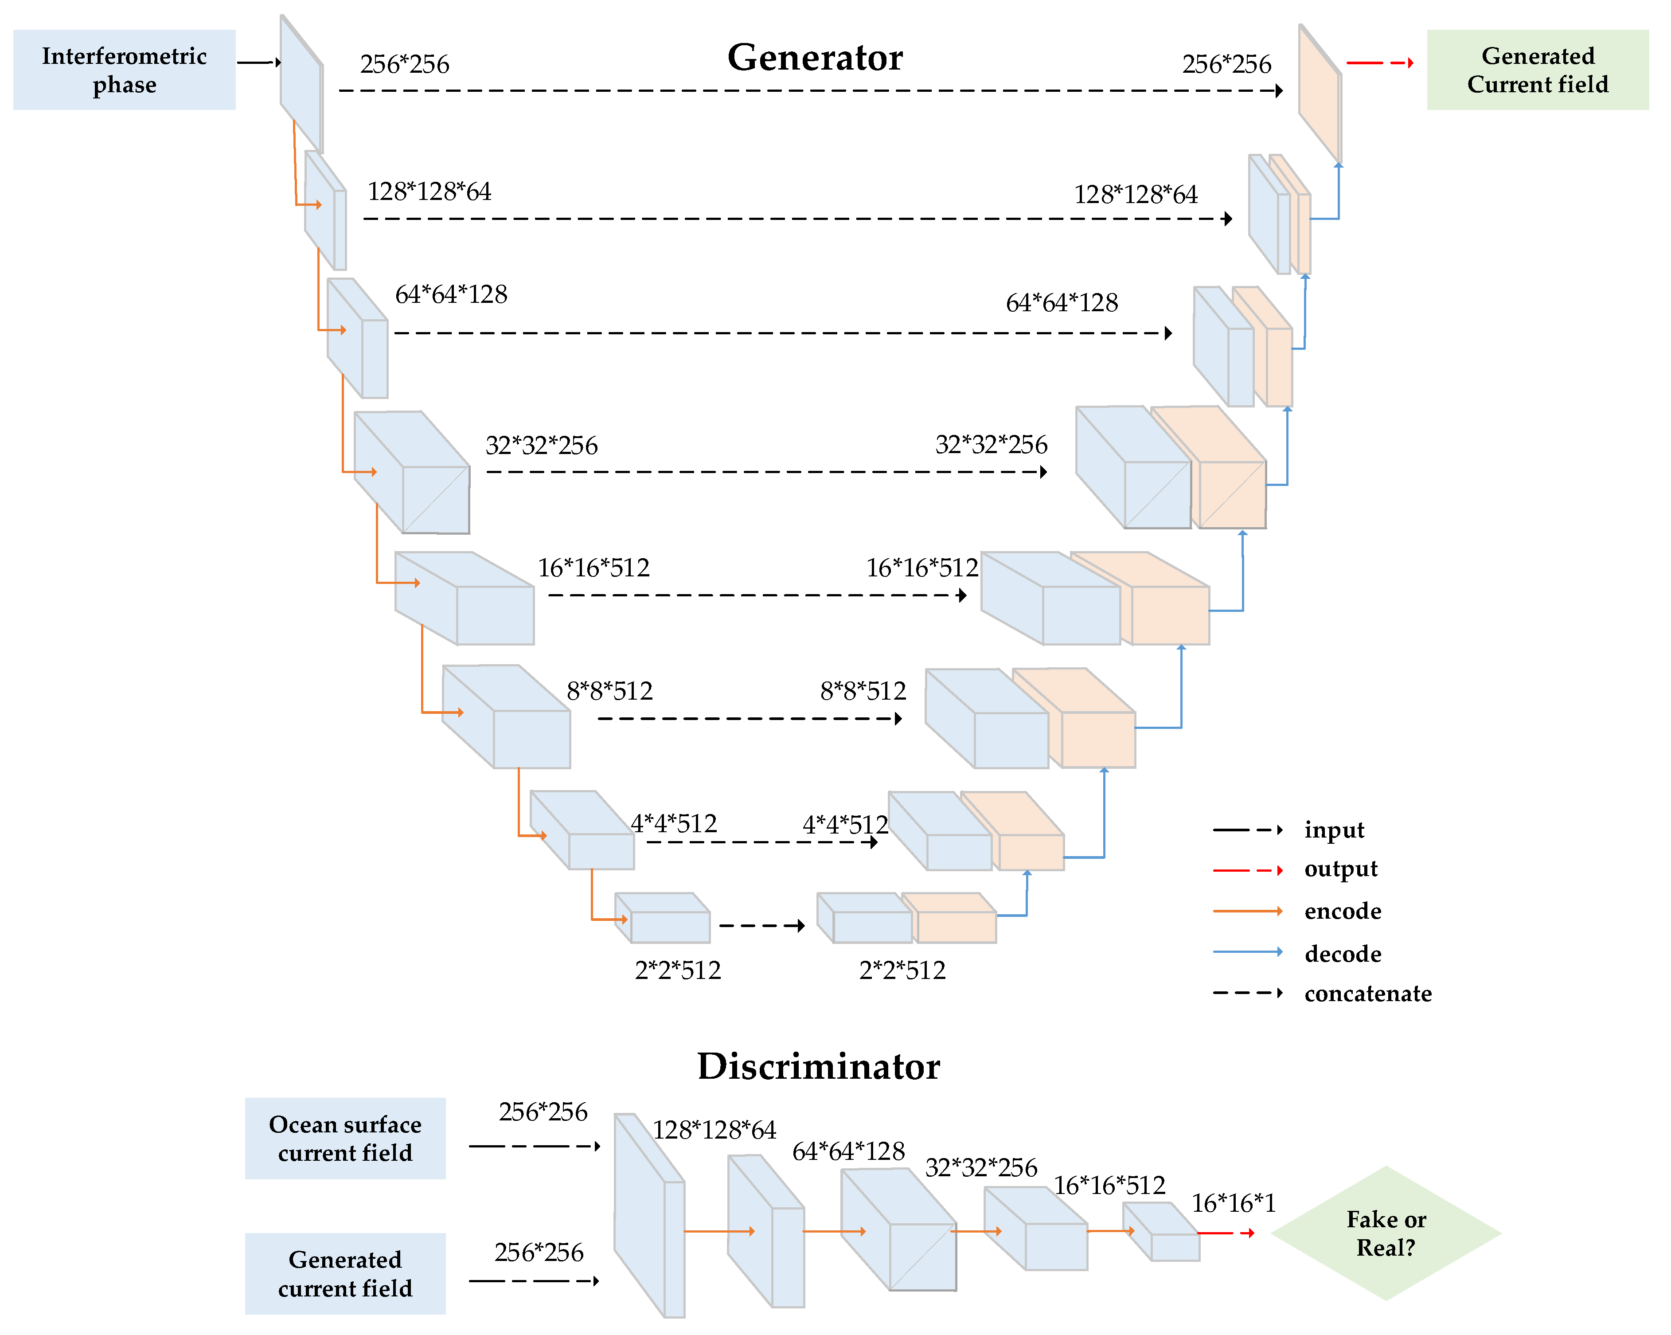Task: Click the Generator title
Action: click(815, 57)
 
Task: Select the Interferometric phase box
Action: click(124, 70)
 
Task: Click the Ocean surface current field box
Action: click(345, 1138)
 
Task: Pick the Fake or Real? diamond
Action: click(1386, 1233)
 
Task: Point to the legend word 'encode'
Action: click(1343, 911)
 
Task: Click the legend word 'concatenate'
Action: click(1367, 993)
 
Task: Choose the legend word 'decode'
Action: click(1343, 954)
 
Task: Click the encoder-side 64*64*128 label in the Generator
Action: click(451, 294)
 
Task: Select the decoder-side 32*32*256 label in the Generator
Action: click(991, 445)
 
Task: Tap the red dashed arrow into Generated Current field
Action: click(1380, 63)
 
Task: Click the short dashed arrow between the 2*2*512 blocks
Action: click(762, 926)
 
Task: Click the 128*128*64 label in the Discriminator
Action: click(714, 1130)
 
